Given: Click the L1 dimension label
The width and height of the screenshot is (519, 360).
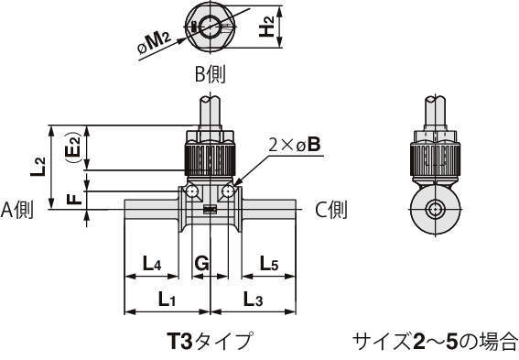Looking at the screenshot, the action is point(167,299).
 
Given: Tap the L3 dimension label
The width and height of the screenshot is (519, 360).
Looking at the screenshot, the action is point(253,299).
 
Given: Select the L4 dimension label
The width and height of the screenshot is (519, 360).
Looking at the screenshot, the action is point(152,264).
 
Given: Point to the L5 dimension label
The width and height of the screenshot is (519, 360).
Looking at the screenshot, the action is point(269,264).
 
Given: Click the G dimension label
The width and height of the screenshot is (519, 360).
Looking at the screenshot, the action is point(201,264).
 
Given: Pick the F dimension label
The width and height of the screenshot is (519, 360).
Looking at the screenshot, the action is point(74,199).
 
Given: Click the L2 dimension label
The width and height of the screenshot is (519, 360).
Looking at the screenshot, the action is point(38,167).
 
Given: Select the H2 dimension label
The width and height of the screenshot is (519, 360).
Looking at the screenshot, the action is point(266,27).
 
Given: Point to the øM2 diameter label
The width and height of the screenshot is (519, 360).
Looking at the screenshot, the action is point(154,43).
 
